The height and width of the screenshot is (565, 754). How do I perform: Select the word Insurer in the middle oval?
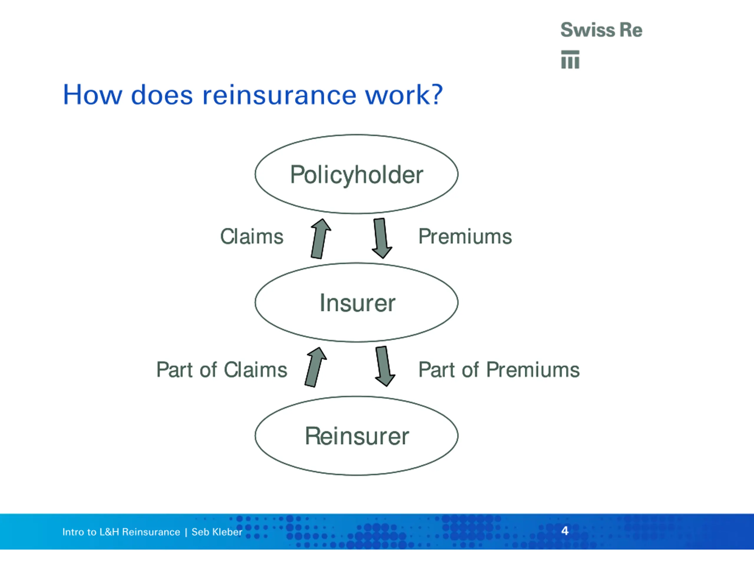pos(357,303)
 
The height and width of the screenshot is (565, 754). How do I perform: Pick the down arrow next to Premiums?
pos(381,238)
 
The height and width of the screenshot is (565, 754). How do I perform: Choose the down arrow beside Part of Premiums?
pos(384,366)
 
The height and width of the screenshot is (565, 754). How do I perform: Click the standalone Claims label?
pos(252,236)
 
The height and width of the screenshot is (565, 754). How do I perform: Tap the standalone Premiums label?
pos(465,236)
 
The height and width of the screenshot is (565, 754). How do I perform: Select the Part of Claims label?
pos(221,370)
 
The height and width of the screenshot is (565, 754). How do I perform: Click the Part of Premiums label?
pos(499,370)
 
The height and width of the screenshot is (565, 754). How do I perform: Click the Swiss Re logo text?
pos(601,30)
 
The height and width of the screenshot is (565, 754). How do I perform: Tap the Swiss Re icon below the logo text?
pos(570,60)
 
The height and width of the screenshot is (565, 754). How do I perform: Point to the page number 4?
pos(565,531)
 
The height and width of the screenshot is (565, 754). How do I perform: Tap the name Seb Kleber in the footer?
pos(217,532)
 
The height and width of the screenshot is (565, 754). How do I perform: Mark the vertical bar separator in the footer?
pos(186,532)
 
